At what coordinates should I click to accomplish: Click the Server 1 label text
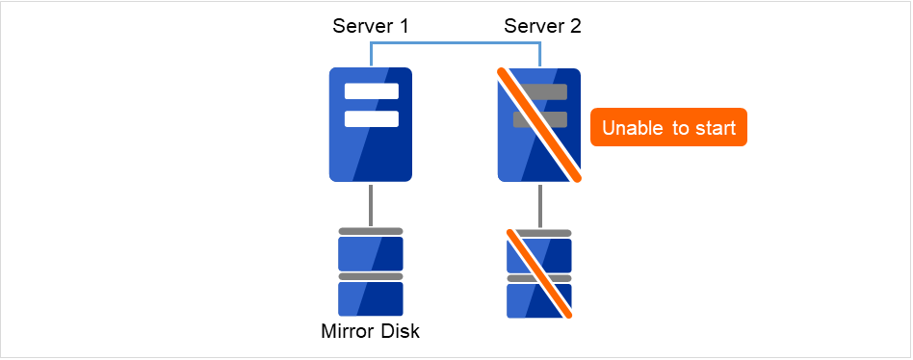371,26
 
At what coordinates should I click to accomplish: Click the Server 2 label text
542,26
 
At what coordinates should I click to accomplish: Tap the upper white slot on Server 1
371,92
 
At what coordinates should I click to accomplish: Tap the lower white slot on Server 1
371,118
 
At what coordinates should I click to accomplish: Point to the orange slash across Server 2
539,125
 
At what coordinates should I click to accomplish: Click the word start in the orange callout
716,127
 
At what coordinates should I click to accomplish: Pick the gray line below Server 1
371,204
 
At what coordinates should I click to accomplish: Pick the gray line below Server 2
539,204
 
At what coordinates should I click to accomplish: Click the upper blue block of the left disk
371,254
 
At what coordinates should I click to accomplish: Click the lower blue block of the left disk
371,299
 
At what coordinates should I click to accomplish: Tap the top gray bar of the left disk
371,231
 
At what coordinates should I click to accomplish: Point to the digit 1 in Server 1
404,26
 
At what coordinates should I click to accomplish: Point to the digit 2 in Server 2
576,26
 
